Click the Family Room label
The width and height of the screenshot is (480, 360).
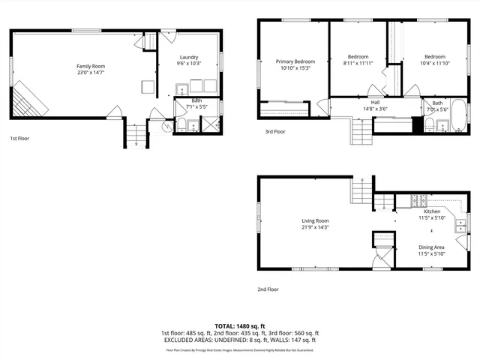pos(89,66)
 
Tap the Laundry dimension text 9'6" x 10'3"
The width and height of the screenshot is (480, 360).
pos(188,64)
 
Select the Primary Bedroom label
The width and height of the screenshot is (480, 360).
pos(295,61)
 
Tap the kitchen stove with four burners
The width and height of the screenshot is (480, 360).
pos(417,200)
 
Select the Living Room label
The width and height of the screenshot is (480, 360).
pos(315,220)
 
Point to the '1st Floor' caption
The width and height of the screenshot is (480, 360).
pos(20,139)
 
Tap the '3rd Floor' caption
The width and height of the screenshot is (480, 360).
pos(274,131)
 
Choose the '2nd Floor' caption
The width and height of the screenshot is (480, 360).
pos(268,289)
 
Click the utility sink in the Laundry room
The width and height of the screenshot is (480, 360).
pos(181,91)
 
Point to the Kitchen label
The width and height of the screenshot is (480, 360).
pos(431,212)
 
